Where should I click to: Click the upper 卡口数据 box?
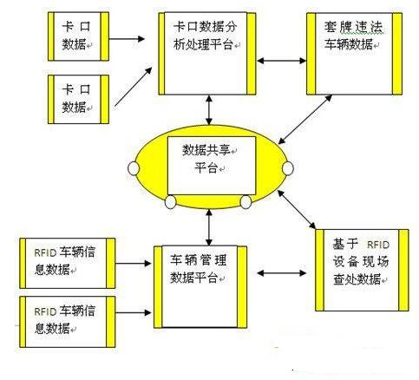tap(78, 36)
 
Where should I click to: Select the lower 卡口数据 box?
tap(78, 100)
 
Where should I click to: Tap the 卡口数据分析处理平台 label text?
tap(206, 36)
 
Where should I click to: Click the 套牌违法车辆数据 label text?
tap(352, 36)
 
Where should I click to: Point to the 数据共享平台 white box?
tap(212, 166)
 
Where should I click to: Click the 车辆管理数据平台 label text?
tap(199, 269)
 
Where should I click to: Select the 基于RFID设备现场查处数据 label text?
tap(361, 262)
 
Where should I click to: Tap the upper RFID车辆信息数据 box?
tap(68, 263)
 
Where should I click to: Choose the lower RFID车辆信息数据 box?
tap(68, 322)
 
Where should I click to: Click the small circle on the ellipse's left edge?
tap(134, 168)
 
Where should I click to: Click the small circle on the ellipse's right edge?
tap(288, 168)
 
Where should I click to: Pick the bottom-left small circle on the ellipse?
tap(170, 202)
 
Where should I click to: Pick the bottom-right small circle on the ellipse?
tap(246, 202)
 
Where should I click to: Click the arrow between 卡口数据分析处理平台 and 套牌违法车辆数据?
tap(281, 61)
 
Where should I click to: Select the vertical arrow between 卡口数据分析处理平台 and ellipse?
tap(209, 110)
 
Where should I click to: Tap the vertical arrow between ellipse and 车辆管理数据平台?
tap(209, 228)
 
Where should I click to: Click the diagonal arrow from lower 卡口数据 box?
tap(134, 87)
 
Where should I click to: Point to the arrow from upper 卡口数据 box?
tap(127, 39)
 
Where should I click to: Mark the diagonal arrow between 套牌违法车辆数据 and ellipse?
tap(305, 119)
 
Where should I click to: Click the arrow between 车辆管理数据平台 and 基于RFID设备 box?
tap(281, 273)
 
